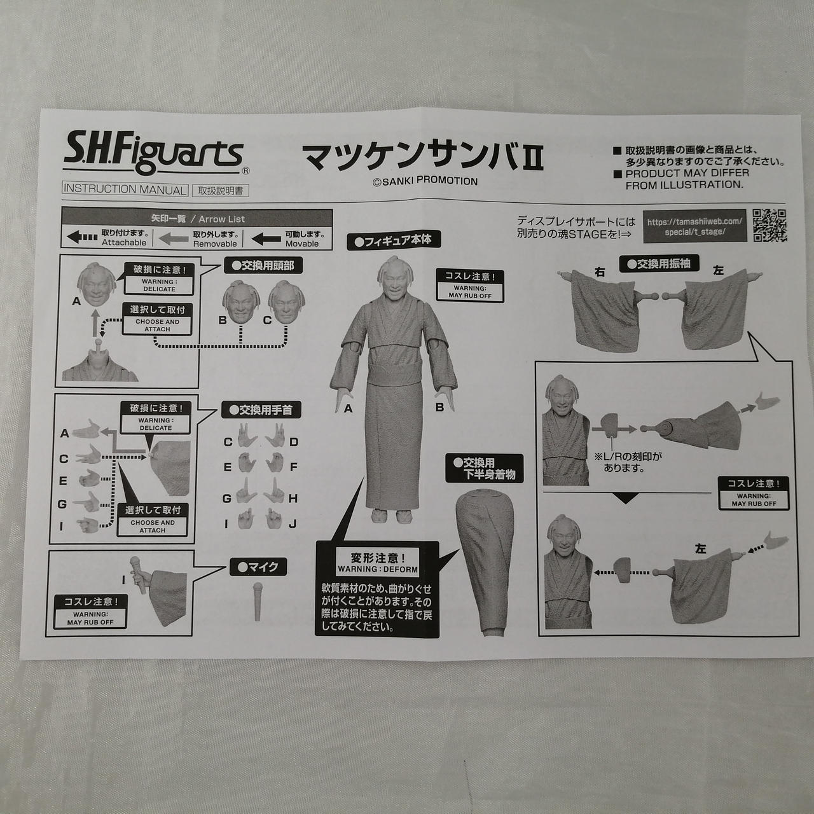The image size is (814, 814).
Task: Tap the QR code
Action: coord(769,226)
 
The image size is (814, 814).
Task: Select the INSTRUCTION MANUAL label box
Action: coord(125,190)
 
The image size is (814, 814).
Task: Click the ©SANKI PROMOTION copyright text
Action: coord(425,181)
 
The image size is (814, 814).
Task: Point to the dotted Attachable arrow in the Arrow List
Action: coord(83,237)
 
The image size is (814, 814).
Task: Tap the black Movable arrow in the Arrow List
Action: coord(266,239)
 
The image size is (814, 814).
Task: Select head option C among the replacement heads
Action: coord(286,303)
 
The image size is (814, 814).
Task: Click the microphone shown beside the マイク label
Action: coord(258,602)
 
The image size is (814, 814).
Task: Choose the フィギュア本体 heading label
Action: coord(394,241)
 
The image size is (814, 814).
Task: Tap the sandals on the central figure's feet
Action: coord(392,516)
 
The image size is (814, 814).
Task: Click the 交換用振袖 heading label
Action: coord(659,264)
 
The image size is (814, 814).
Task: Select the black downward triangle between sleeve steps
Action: coord(626,499)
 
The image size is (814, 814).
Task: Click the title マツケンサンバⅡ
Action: coord(423,156)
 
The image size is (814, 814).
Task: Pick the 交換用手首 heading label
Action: coord(261,410)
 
